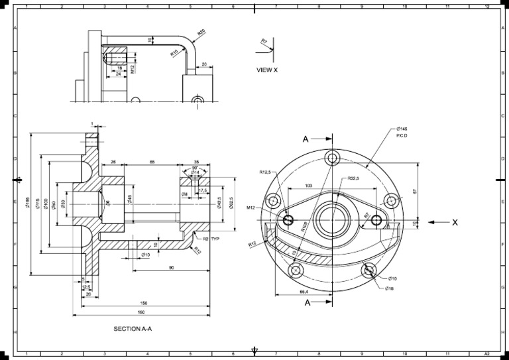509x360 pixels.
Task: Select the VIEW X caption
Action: pos(267,70)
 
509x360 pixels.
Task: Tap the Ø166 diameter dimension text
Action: pos(28,203)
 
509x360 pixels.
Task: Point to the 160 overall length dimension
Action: pos(141,312)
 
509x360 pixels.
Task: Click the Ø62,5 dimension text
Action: pos(231,203)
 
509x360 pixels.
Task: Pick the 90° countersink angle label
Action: pos(194,168)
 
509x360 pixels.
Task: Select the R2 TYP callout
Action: pos(210,239)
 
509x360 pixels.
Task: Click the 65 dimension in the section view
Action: pos(152,162)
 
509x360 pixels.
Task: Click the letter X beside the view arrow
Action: pos(455,223)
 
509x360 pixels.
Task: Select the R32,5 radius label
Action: pos(353,179)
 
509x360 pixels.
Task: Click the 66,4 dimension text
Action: pos(305,291)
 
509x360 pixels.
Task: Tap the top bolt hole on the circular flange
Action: pos(332,157)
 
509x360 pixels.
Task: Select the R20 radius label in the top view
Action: pos(201,31)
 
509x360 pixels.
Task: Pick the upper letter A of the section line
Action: pos(306,139)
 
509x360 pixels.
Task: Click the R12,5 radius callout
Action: pos(267,172)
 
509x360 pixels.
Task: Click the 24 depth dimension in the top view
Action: pos(118,74)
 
